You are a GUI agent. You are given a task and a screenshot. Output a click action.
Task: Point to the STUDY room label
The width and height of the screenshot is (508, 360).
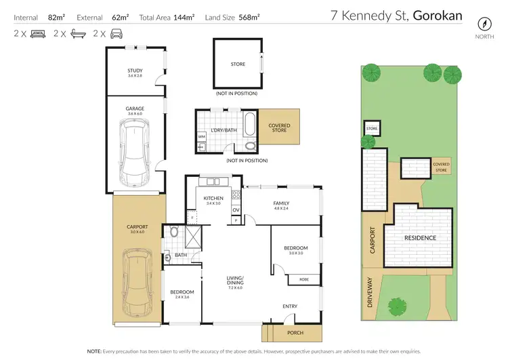[x=135, y=71]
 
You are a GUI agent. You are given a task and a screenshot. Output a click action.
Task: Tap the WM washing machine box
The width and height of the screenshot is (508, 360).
[x=202, y=136]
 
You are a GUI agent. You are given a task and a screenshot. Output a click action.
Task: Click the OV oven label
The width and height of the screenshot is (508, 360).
[x=236, y=209]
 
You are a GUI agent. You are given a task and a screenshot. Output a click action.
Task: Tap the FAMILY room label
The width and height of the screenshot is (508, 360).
[x=281, y=203]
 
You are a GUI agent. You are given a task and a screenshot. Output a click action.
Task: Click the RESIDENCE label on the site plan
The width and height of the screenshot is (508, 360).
[x=420, y=238]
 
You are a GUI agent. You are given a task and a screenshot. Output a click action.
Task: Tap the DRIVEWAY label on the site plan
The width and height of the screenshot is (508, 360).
[x=371, y=294]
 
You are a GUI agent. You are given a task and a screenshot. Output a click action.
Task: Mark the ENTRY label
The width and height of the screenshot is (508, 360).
[x=289, y=306]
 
